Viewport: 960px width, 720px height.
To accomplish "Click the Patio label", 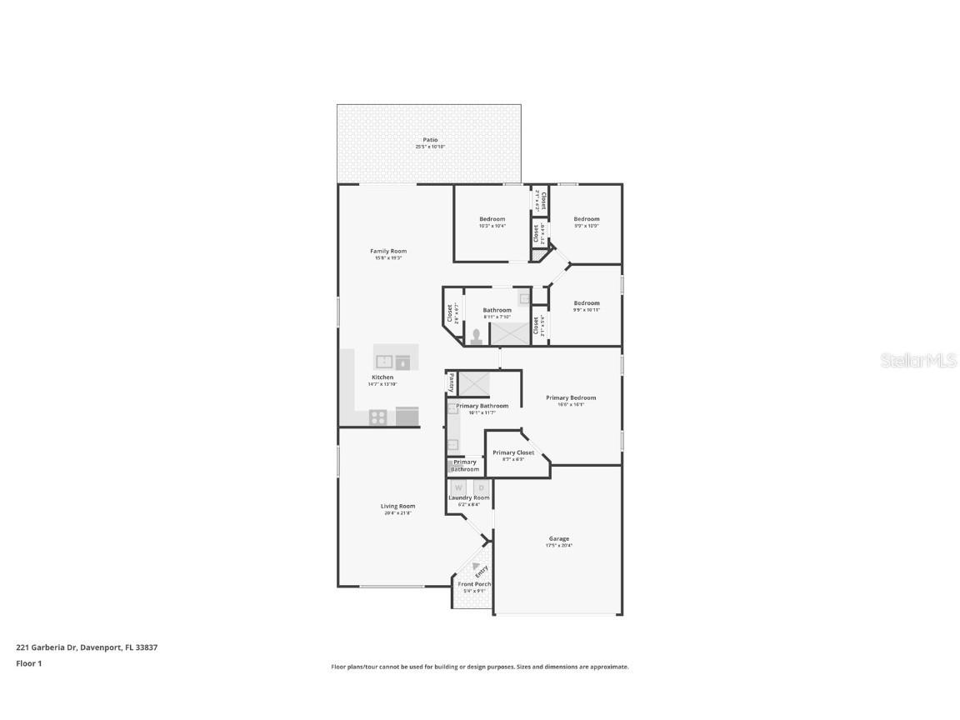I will pos(430,140).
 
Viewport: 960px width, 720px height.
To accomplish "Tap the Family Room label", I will pos(388,251).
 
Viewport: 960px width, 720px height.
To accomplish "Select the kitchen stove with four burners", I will pos(378,417).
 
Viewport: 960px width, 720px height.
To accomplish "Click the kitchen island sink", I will pos(384,362).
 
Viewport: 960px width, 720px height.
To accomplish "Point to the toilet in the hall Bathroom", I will pos(477,336).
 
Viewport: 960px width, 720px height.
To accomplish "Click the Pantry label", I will pos(452,382).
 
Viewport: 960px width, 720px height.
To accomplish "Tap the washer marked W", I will pos(458,487).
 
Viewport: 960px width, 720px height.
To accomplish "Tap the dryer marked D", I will pos(481,487).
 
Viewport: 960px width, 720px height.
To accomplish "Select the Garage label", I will pos(558,538).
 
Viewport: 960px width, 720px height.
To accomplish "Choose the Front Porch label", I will pos(474,584).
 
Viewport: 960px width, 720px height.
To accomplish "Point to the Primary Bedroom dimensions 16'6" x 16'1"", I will pos(571,405).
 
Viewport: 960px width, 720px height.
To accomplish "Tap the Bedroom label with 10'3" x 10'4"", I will pos(492,219).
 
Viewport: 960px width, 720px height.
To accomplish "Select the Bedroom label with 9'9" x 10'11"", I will pos(586,303).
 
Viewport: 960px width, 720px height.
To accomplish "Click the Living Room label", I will pos(397,506).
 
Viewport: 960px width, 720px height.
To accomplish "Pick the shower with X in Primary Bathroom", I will pos(474,383).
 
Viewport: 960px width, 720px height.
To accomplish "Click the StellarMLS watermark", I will pos(920,361).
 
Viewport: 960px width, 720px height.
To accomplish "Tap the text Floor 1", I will pos(28,663).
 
